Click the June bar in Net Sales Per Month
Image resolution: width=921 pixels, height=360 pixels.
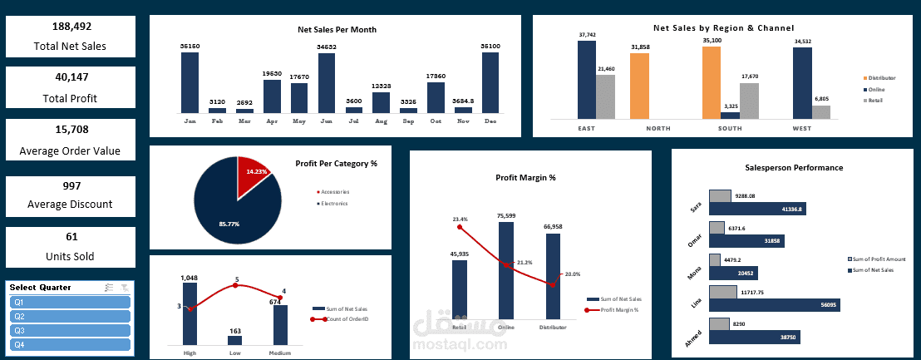[x=327, y=83]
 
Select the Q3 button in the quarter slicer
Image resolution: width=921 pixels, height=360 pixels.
[x=70, y=331]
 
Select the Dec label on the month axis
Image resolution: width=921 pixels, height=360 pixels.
[x=490, y=121]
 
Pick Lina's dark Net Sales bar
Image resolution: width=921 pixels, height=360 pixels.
[x=772, y=305]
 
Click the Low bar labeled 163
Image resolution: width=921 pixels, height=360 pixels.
[x=234, y=340]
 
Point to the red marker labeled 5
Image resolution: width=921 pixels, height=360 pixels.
[x=235, y=286]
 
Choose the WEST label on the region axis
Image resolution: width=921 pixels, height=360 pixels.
[x=802, y=129]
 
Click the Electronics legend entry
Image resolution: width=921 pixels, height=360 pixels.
[x=334, y=203]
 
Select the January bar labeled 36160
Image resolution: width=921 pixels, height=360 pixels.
[x=190, y=82]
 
